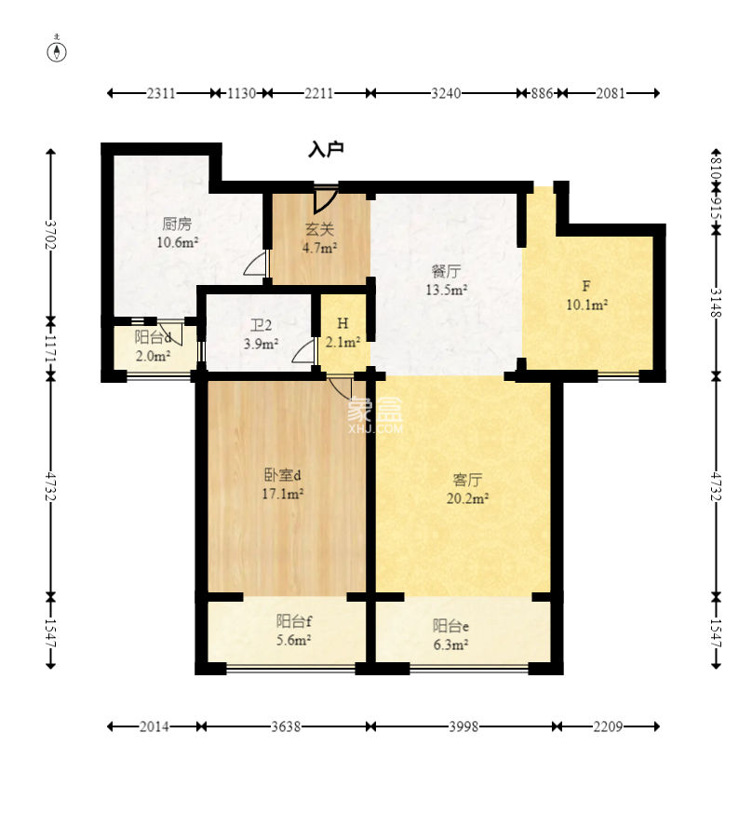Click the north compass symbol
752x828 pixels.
pyautogui.click(x=57, y=50)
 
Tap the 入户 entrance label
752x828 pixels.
pyautogui.click(x=326, y=149)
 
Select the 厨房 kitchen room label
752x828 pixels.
pyautogui.click(x=177, y=224)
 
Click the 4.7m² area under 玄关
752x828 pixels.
pyautogui.click(x=320, y=248)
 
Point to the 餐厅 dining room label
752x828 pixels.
pyautogui.click(x=447, y=271)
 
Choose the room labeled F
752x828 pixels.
pyautogui.click(x=586, y=286)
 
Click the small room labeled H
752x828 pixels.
pyautogui.click(x=342, y=323)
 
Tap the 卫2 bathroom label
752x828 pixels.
pyautogui.click(x=261, y=325)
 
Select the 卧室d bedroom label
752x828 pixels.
pyautogui.click(x=282, y=475)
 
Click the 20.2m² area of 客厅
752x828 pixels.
pyautogui.click(x=467, y=498)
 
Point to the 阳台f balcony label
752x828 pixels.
pyautogui.click(x=293, y=621)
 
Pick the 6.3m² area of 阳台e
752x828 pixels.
pyautogui.click(x=450, y=645)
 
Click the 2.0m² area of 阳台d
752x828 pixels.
pyautogui.click(x=153, y=356)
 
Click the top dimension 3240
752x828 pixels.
pyautogui.click(x=446, y=93)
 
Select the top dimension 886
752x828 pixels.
pyautogui.click(x=542, y=93)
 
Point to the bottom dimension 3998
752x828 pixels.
pyautogui.click(x=463, y=726)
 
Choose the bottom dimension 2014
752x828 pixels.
pyautogui.click(x=154, y=726)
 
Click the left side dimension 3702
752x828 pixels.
pyautogui.click(x=50, y=235)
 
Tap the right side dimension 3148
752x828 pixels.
pyautogui.click(x=716, y=303)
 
